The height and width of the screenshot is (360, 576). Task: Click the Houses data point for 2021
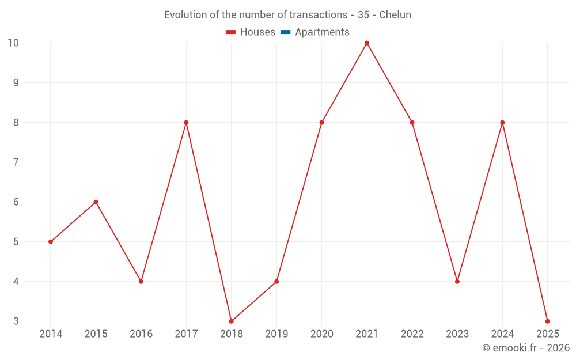[367, 43]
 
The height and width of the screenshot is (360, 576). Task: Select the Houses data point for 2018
[232, 321]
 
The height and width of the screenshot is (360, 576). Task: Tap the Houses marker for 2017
[186, 123]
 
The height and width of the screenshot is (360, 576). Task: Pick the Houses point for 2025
[548, 321]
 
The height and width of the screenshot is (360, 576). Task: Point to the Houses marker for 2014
[51, 242]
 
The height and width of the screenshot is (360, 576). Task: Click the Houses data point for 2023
[457, 282]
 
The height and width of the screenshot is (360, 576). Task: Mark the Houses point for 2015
[96, 202]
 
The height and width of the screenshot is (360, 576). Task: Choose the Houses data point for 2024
[502, 123]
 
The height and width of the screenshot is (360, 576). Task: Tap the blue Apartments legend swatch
[285, 32]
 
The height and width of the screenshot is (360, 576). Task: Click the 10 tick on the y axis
[13, 43]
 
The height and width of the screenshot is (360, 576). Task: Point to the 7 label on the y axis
[16, 162]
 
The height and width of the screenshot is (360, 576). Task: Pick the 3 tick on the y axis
[16, 321]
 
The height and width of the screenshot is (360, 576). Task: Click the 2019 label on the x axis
[276, 334]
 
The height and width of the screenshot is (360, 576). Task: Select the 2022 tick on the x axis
[412, 334]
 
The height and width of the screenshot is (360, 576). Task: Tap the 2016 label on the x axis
[141, 334]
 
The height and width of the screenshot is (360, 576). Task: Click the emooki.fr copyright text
[526, 348]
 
